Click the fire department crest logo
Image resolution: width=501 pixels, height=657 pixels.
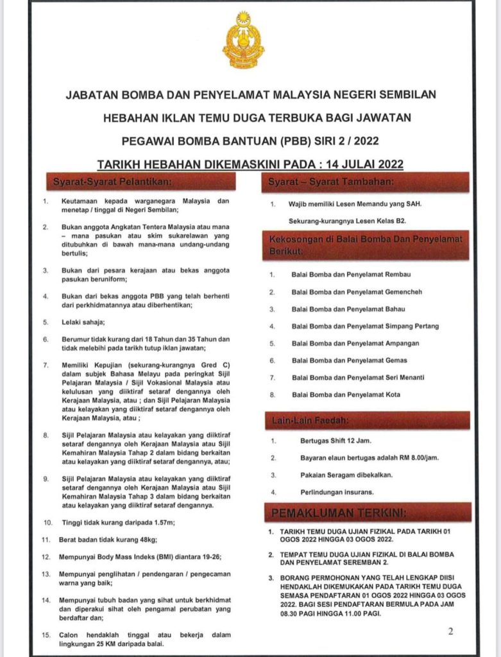(x=243, y=39)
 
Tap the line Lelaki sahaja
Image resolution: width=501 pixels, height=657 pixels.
(x=83, y=322)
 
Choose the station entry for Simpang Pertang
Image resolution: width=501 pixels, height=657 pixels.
(x=365, y=327)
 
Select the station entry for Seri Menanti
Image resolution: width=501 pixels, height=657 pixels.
(x=358, y=378)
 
